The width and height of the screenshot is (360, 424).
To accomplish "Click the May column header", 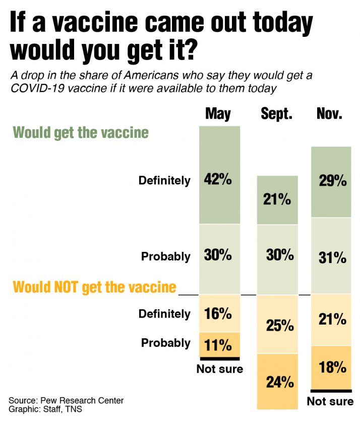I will (218, 114).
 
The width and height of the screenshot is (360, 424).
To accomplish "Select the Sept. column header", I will (277, 114).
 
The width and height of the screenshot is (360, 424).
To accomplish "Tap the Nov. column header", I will (330, 114).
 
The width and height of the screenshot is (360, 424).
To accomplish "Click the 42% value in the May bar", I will (218, 180).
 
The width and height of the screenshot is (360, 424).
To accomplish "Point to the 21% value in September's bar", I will (277, 200).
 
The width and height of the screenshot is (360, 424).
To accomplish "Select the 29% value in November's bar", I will (333, 181).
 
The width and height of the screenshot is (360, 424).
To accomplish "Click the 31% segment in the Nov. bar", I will (333, 257).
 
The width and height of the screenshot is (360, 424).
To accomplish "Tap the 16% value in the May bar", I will (218, 313).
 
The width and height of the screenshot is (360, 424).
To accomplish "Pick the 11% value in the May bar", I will (218, 345).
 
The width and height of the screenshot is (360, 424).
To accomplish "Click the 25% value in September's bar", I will (280, 326).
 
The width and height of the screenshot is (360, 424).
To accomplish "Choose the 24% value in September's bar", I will (280, 382).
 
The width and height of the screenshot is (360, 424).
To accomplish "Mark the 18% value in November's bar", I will (333, 367).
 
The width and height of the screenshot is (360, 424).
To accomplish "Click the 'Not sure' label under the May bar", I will (219, 369).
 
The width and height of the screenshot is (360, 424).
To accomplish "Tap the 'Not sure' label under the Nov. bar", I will (330, 401).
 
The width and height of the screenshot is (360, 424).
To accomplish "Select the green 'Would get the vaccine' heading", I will (81, 133).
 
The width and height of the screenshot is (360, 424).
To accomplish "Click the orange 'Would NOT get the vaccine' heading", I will (94, 287).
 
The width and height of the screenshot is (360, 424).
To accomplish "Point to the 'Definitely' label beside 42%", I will (164, 180).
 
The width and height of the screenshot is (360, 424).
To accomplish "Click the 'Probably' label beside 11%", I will (165, 343).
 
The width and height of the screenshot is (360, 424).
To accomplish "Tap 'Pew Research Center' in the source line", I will (84, 401).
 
